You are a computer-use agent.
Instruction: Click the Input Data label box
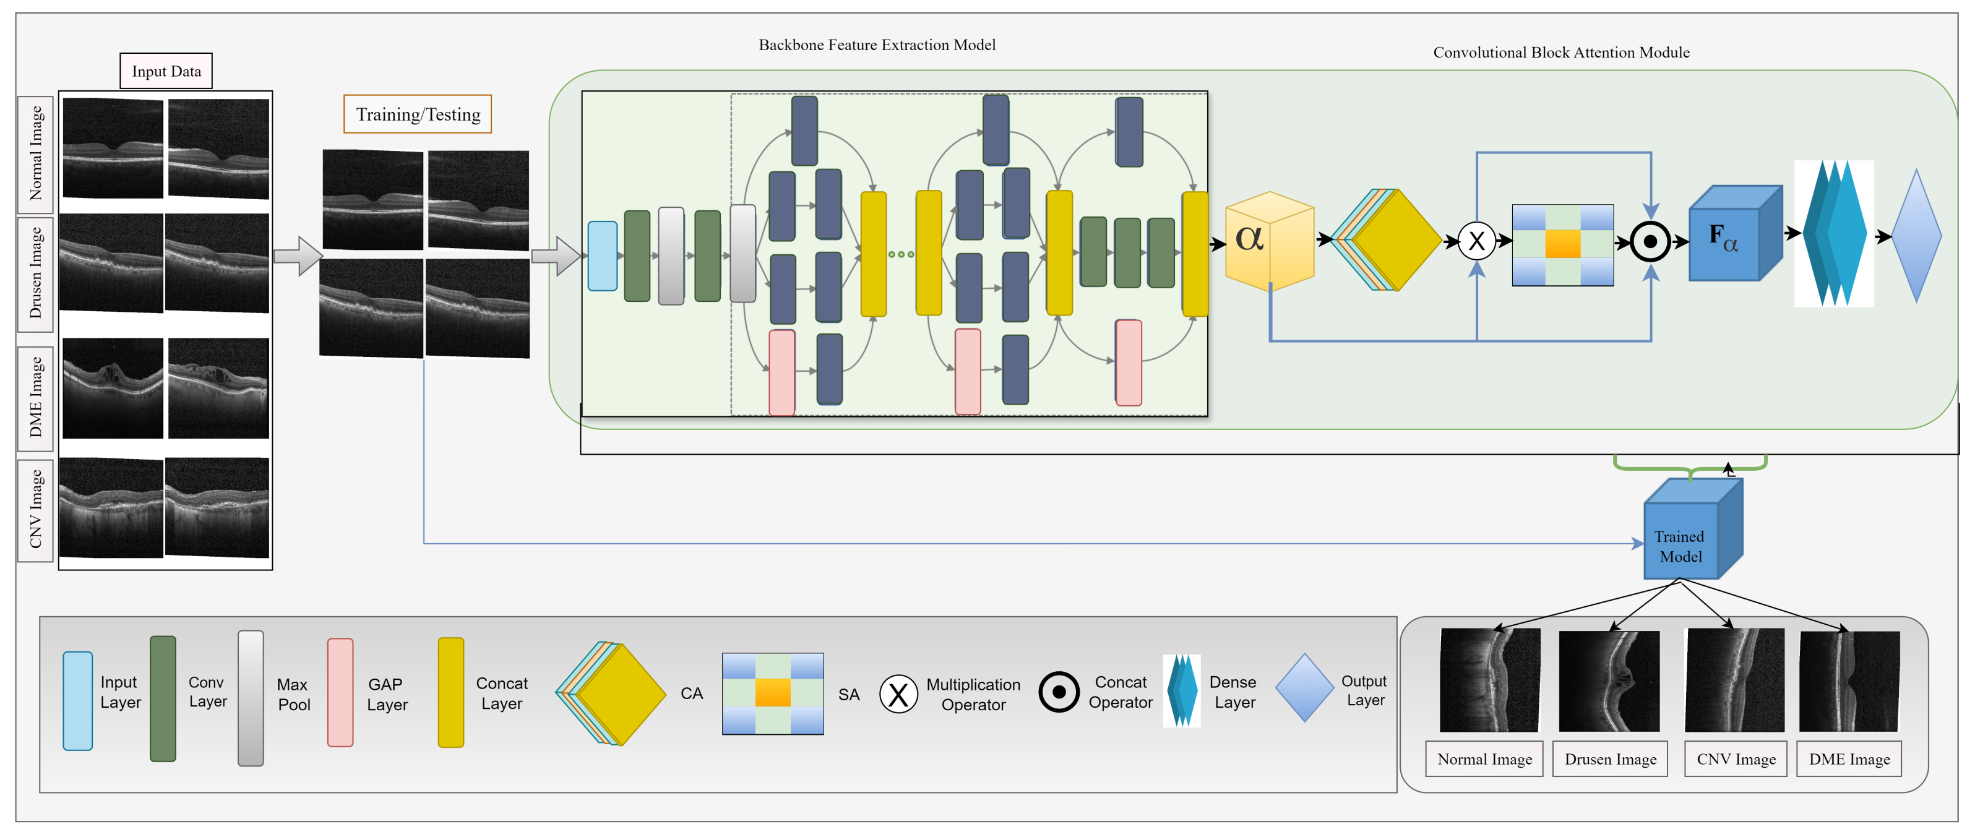coord(166,71)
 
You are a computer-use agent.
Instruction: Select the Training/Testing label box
coord(417,114)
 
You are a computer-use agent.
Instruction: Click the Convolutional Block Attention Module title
coord(1560,53)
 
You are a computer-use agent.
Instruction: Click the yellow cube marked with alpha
coord(1269,241)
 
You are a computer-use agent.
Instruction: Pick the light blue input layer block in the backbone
coord(602,256)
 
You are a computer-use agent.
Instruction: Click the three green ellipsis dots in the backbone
coord(901,254)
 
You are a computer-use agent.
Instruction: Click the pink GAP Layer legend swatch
coord(340,692)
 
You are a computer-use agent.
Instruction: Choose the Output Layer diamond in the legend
coord(1304,687)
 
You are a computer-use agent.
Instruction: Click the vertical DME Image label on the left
coord(35,398)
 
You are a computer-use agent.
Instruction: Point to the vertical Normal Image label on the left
coord(35,153)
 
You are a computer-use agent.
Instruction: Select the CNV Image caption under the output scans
coord(1735,759)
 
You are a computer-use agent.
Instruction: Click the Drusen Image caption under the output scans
coord(1609,759)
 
